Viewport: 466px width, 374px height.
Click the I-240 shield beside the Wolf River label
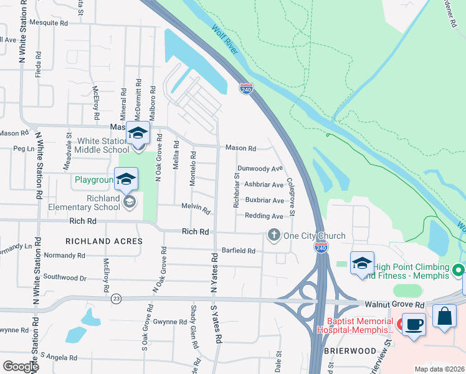pos(246,90)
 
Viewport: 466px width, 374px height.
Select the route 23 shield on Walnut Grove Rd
pos(116,299)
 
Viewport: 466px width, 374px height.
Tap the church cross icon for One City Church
pos(273,235)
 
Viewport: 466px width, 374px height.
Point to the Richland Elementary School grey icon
pos(130,201)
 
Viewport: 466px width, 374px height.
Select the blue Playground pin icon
pos(126,180)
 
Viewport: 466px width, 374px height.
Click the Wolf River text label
pos(224,39)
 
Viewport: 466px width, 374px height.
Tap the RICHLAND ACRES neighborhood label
pos(102,241)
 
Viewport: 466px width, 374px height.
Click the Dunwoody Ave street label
pos(260,168)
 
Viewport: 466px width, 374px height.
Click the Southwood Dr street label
pos(65,277)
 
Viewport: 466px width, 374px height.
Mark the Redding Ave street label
pos(264,216)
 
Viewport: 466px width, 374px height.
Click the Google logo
pos(21,367)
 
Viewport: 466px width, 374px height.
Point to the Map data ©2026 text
pos(439,369)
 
